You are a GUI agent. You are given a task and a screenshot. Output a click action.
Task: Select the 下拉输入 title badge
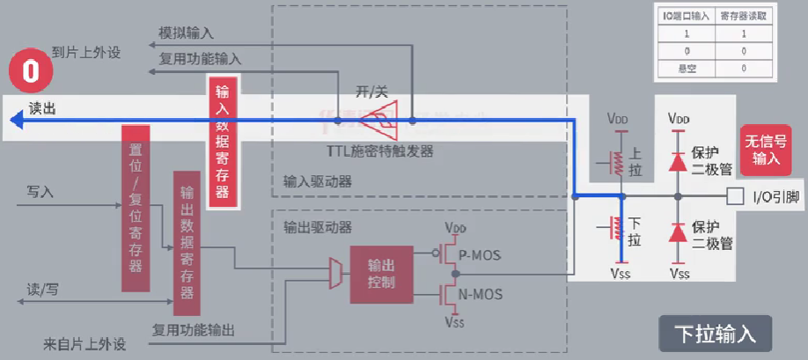click(x=715, y=334)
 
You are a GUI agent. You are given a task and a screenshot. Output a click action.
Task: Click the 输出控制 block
click(x=381, y=273)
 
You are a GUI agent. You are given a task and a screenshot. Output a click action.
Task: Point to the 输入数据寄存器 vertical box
click(x=222, y=142)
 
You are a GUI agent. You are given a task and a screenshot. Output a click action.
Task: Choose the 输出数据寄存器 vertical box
click(x=187, y=243)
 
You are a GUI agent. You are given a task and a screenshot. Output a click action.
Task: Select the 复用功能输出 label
click(x=194, y=330)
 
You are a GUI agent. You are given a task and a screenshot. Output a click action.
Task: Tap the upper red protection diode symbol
click(x=678, y=161)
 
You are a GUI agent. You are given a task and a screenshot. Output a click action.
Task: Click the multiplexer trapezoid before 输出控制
click(x=334, y=273)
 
